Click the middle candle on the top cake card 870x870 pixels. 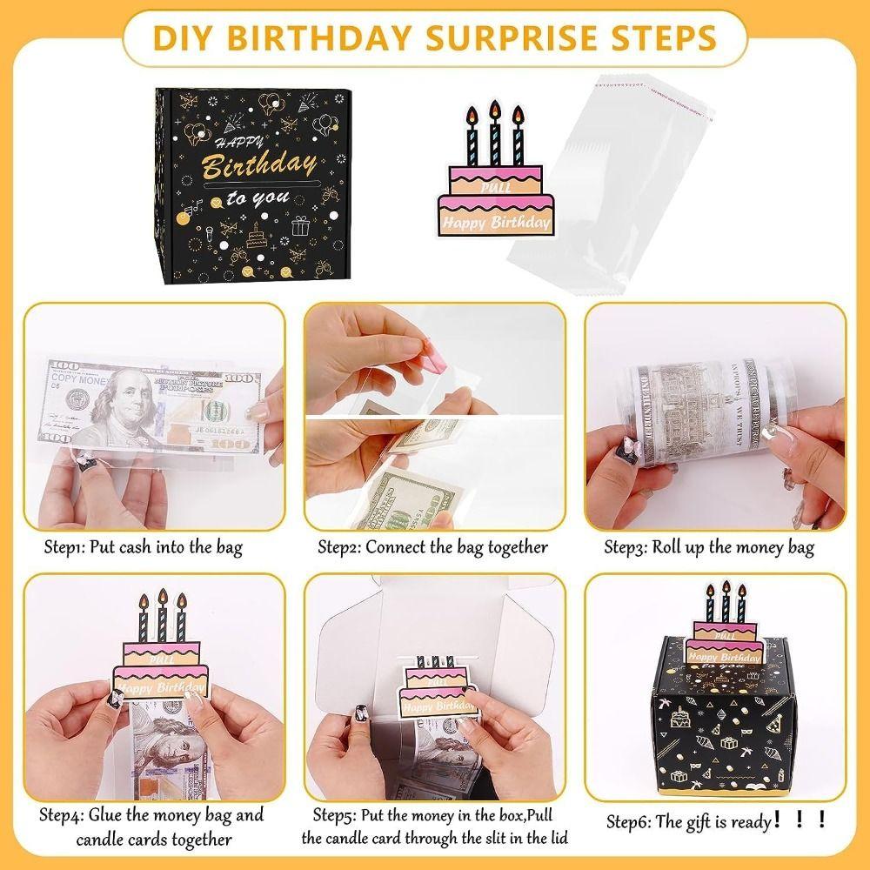coord(494,135)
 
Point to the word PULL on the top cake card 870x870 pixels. coord(496,184)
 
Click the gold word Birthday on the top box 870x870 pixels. coord(259,165)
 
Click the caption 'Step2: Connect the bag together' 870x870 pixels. coord(432,547)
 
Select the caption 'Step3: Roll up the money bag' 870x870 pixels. coord(709,547)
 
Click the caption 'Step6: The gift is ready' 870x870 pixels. coord(715,820)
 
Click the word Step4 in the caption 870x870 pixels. coord(61,815)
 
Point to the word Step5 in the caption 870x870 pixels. coord(334,815)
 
